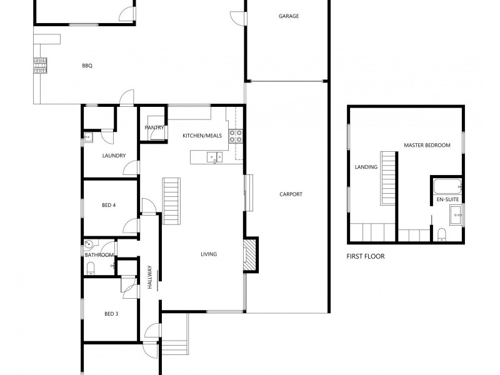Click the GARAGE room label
[x=289, y=16]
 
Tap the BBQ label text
[x=87, y=66]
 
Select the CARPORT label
[x=291, y=194]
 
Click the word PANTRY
[x=154, y=128]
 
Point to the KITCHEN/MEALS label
[x=202, y=136]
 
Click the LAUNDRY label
[x=114, y=156]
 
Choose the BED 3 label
[x=111, y=314]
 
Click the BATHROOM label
[x=99, y=255]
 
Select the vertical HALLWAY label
[x=150, y=277]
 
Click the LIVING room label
[x=209, y=254]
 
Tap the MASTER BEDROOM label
[x=427, y=145]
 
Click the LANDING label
[x=366, y=167]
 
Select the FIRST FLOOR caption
[x=366, y=256]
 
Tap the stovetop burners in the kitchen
[x=236, y=136]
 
